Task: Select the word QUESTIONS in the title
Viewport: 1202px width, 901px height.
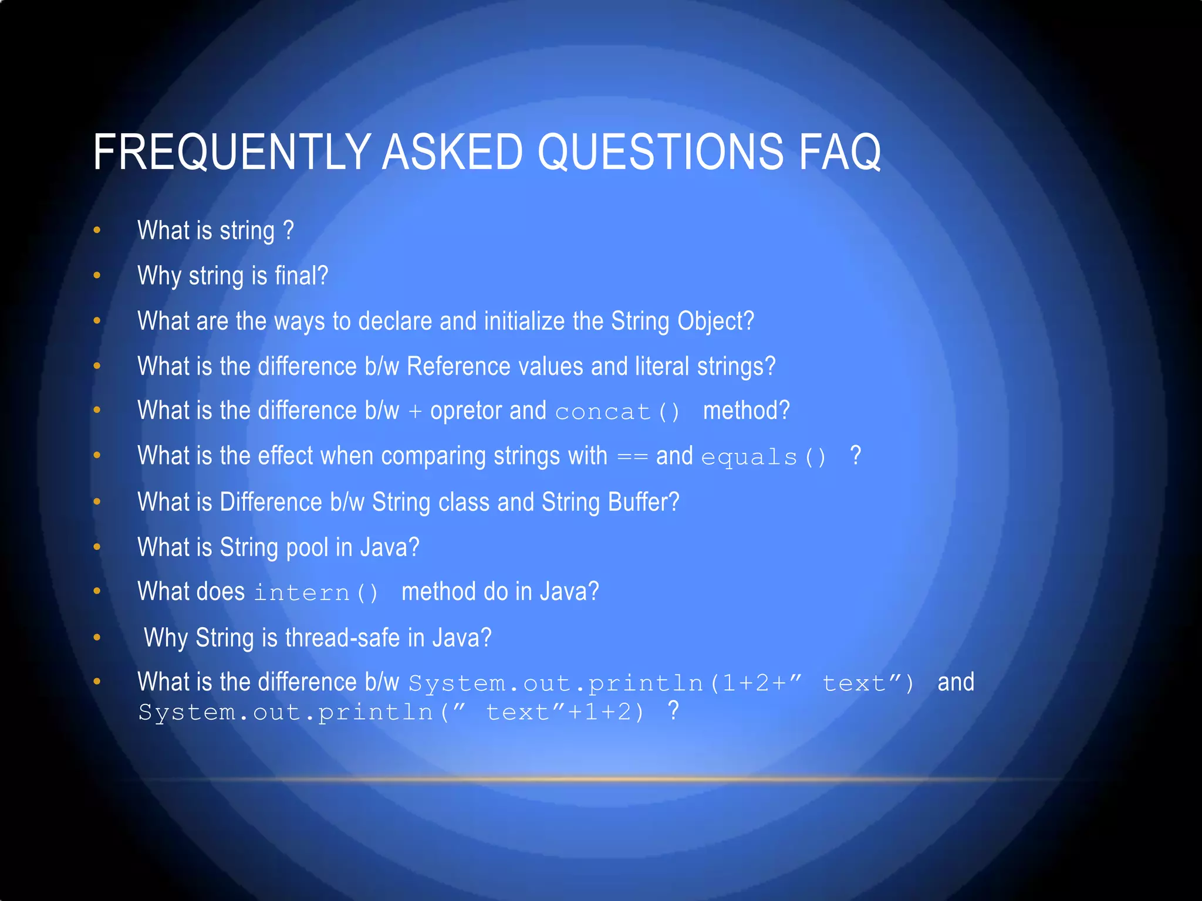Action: tap(660, 152)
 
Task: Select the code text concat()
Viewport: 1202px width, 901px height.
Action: tap(617, 412)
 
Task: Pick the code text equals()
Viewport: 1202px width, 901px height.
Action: tap(764, 457)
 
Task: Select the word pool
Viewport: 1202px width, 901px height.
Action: tap(307, 547)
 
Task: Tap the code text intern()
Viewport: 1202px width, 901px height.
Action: tap(316, 592)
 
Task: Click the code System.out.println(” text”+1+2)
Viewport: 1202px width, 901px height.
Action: tap(391, 713)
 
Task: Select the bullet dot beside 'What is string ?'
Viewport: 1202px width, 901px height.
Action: tap(97, 231)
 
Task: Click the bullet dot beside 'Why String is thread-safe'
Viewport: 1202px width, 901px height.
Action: tap(97, 638)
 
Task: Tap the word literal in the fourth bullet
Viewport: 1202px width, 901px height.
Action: tap(662, 367)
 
